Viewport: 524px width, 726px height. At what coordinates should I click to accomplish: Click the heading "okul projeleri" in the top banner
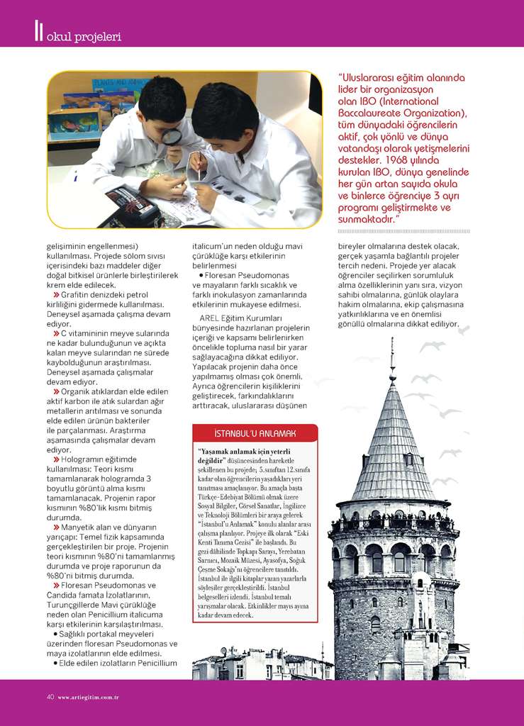83,35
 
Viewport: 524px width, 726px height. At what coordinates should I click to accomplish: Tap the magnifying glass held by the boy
172,136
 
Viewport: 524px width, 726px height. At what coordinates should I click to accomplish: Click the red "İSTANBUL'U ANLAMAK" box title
255,432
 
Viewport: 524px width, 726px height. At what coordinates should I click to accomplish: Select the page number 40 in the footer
50,696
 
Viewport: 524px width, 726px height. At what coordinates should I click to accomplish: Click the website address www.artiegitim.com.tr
88,697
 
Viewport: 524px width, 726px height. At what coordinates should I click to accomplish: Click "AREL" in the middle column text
212,318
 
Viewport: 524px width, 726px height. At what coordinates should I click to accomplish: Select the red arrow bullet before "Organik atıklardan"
56,391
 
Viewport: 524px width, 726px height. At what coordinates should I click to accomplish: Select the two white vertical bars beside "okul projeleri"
38,31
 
